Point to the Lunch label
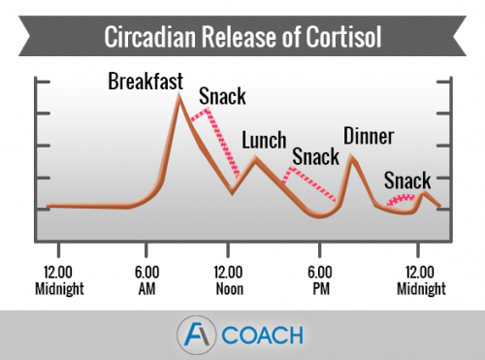[264, 140]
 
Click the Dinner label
[369, 136]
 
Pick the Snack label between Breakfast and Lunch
[223, 97]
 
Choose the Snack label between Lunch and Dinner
[315, 156]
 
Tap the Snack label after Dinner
[407, 180]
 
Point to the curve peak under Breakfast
[178, 97]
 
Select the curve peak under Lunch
[255, 157]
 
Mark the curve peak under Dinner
[352, 156]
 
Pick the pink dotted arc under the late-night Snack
[401, 198]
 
